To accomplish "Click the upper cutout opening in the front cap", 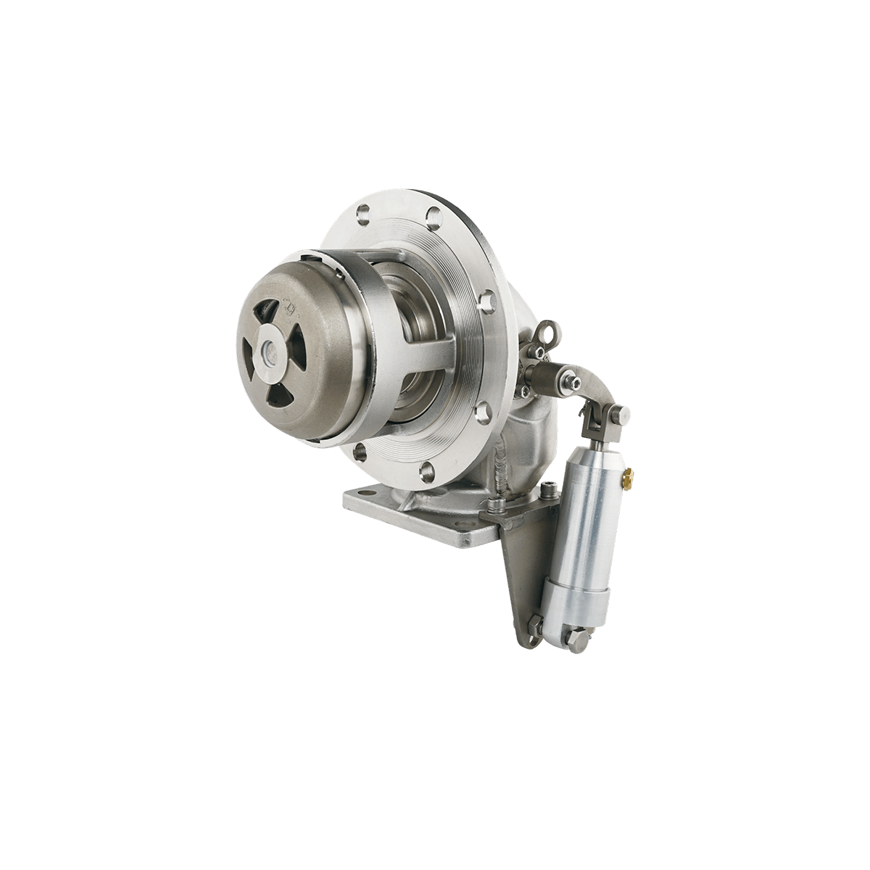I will pos(269,316).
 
